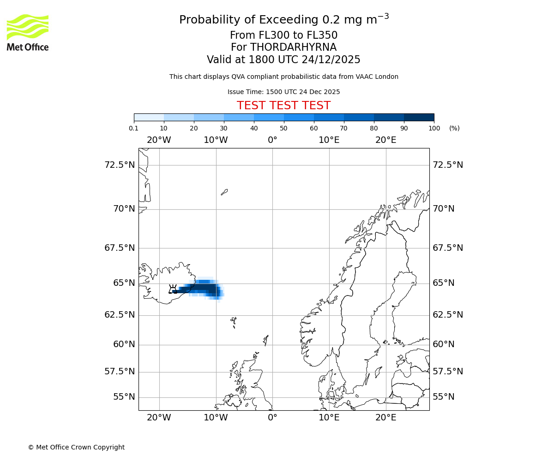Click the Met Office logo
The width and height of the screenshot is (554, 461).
point(28,32)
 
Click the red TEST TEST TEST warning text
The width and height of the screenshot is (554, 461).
point(283,106)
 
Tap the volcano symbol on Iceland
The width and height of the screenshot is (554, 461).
point(173,289)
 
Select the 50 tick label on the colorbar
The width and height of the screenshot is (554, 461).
point(284,128)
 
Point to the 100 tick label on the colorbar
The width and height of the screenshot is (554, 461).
point(434,128)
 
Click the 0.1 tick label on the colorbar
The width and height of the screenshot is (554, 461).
point(134,128)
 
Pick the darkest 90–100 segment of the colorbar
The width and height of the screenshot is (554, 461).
point(419,117)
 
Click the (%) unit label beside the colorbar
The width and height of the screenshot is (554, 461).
point(454,128)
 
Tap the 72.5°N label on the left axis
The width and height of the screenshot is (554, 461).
point(120,165)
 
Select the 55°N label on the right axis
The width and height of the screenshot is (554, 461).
point(443,397)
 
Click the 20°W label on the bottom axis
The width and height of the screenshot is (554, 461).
point(159,418)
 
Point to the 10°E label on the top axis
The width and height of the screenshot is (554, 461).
point(329,140)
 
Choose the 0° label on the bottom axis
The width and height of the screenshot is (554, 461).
point(272,418)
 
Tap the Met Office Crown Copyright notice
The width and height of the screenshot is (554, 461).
point(76,447)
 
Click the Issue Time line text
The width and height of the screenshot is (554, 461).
point(283,92)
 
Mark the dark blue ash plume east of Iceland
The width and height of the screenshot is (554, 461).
point(203,290)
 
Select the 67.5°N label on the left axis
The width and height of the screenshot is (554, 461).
point(120,248)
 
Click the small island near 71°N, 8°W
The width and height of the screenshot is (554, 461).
point(224,192)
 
